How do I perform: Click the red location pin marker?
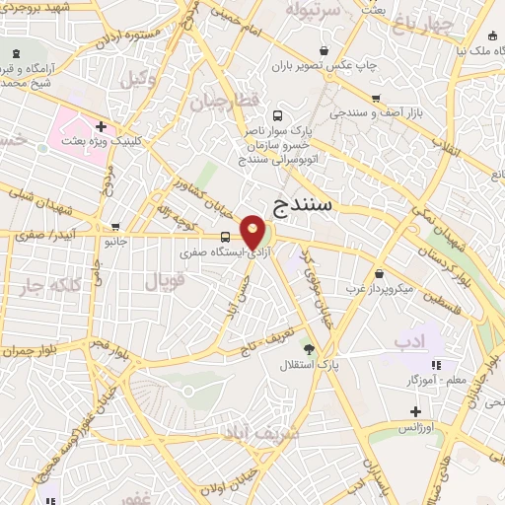coord(253,233)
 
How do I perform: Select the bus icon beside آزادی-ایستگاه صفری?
coord(227,237)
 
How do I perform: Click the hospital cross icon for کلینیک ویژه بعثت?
coord(102,126)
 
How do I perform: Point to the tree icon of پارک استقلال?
coord(309,349)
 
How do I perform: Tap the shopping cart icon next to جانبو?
coord(115,226)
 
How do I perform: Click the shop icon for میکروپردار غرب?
coord(380,274)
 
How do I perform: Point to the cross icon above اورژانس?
coord(415,411)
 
